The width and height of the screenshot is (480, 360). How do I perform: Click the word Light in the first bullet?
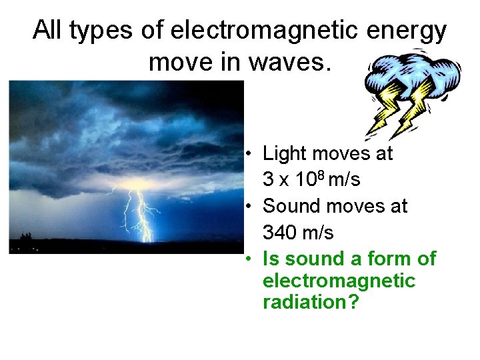click(283, 153)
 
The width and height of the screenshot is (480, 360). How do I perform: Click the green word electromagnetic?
click(339, 281)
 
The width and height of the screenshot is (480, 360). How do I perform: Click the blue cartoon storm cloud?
click(413, 72)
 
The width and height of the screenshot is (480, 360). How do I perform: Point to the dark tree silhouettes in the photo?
click(27, 237)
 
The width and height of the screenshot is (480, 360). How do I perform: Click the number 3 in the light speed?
click(268, 180)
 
